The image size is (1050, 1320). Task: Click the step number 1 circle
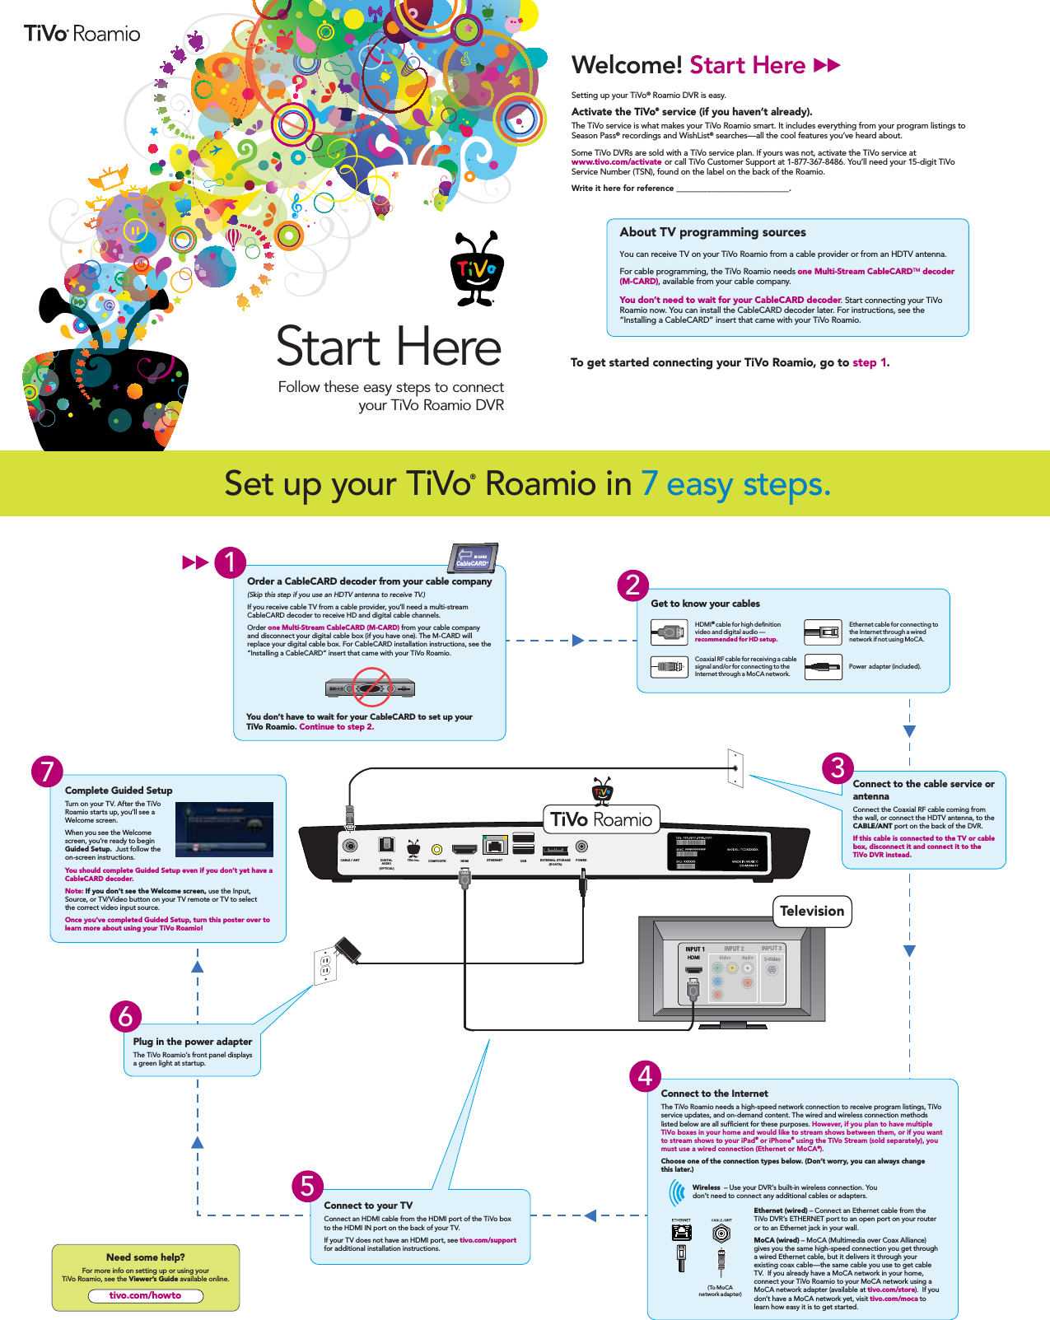231,562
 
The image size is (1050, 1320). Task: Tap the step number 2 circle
632,585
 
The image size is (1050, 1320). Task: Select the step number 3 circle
838,768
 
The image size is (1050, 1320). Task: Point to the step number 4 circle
645,1076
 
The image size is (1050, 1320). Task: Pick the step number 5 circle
307,1187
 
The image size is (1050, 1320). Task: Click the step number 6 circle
126,1017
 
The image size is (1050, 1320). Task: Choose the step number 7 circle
47,772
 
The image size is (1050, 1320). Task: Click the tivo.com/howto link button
146,1295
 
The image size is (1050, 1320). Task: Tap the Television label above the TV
812,911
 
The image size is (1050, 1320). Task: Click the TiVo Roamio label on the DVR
601,819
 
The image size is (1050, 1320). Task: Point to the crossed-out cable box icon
371,687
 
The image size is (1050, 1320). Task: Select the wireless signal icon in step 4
677,1192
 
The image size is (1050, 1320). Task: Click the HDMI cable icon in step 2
668,632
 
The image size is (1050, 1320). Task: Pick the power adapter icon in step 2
822,666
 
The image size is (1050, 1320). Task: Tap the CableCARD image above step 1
474,557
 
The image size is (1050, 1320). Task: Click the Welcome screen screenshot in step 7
224,829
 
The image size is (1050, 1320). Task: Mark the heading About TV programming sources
713,232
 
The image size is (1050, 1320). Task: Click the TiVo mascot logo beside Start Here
476,268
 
